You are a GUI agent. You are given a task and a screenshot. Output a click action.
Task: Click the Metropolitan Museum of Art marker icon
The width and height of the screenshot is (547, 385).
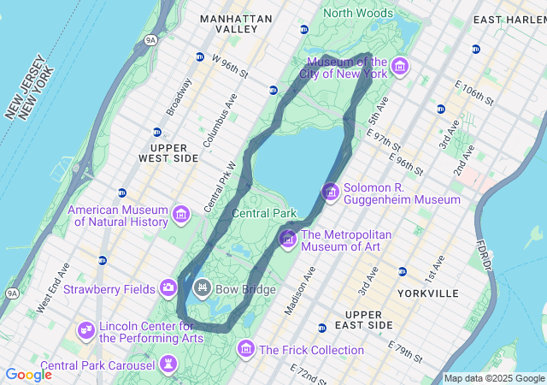[287, 238]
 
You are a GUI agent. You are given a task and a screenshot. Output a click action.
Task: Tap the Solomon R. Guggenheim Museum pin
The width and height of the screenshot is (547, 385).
[330, 192]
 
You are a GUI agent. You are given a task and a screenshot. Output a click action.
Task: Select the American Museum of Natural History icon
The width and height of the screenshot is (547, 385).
[180, 214]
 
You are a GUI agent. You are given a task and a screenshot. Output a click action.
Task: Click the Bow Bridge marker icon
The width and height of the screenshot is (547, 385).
[203, 287]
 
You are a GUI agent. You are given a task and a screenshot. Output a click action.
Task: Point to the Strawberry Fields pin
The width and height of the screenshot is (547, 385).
[168, 287]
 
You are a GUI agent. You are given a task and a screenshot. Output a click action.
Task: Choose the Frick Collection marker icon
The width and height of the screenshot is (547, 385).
[246, 349]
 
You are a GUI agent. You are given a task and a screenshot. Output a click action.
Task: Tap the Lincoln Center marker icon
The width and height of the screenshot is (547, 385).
[85, 330]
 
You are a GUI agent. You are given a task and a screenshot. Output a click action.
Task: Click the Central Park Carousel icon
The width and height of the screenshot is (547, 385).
[168, 366]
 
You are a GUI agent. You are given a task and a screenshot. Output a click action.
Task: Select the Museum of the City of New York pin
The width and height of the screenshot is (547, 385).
[399, 66]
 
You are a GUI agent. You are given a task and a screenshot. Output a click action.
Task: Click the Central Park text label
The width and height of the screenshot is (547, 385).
[264, 213]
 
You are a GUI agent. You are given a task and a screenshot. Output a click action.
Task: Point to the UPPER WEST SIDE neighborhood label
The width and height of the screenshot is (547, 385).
[168, 153]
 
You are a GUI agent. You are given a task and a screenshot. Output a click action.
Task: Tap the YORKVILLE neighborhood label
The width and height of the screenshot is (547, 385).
[427, 293]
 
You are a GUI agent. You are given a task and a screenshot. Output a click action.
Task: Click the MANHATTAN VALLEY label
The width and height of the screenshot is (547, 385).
[236, 23]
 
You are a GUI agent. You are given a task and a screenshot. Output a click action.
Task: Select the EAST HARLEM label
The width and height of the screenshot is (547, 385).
[509, 19]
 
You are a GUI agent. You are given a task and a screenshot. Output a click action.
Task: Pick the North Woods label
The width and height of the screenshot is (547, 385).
[358, 13]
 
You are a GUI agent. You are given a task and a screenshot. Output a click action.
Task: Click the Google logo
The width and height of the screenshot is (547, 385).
[28, 375]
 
